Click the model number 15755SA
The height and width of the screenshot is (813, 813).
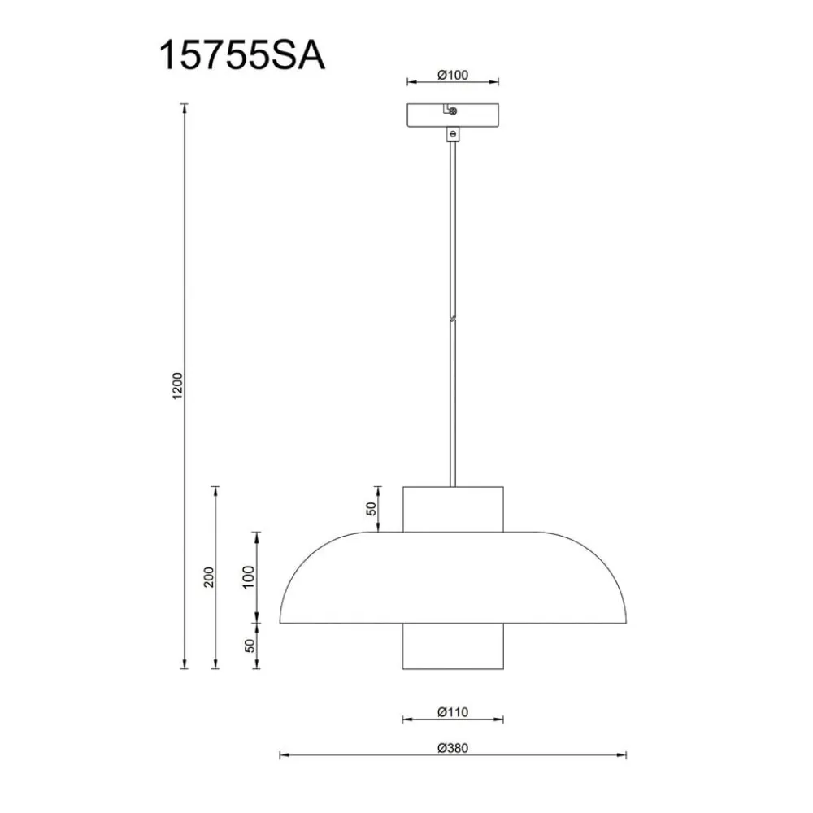[x=242, y=55]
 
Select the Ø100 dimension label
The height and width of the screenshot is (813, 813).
[x=453, y=75]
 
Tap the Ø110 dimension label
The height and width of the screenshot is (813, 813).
[x=453, y=712]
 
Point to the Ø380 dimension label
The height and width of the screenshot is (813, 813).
[x=453, y=748]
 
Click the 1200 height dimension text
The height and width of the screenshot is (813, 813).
[x=178, y=385]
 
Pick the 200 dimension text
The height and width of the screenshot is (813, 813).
[x=208, y=577]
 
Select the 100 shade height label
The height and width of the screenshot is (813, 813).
[x=249, y=577]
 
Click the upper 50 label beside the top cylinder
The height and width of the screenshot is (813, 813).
[x=372, y=509]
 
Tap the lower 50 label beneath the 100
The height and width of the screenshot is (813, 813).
[x=250, y=646]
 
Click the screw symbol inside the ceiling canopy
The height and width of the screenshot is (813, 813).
[x=453, y=111]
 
